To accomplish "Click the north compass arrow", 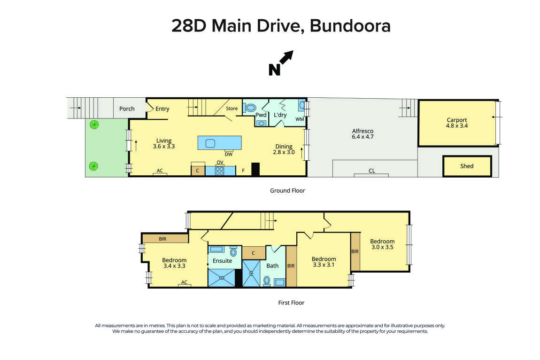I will point(286,58).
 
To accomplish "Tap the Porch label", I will point(127,109).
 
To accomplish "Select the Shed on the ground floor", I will point(467,166).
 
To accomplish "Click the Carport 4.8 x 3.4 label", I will point(457,123).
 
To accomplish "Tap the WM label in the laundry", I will point(300,119).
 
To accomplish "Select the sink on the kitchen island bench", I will point(210,143).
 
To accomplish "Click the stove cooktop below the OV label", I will point(220,171).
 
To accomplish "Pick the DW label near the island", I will point(229,154).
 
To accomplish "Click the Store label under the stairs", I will point(232,109).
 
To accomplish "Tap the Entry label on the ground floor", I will point(162,109).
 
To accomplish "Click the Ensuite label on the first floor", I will point(222,260).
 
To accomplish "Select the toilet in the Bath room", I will point(267,281).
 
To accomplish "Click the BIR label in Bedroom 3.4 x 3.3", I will point(162,239).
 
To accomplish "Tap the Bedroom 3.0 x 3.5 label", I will point(382,244).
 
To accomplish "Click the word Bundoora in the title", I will point(350,26).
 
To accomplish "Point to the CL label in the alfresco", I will point(371,171).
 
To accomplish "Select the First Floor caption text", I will point(291,303).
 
